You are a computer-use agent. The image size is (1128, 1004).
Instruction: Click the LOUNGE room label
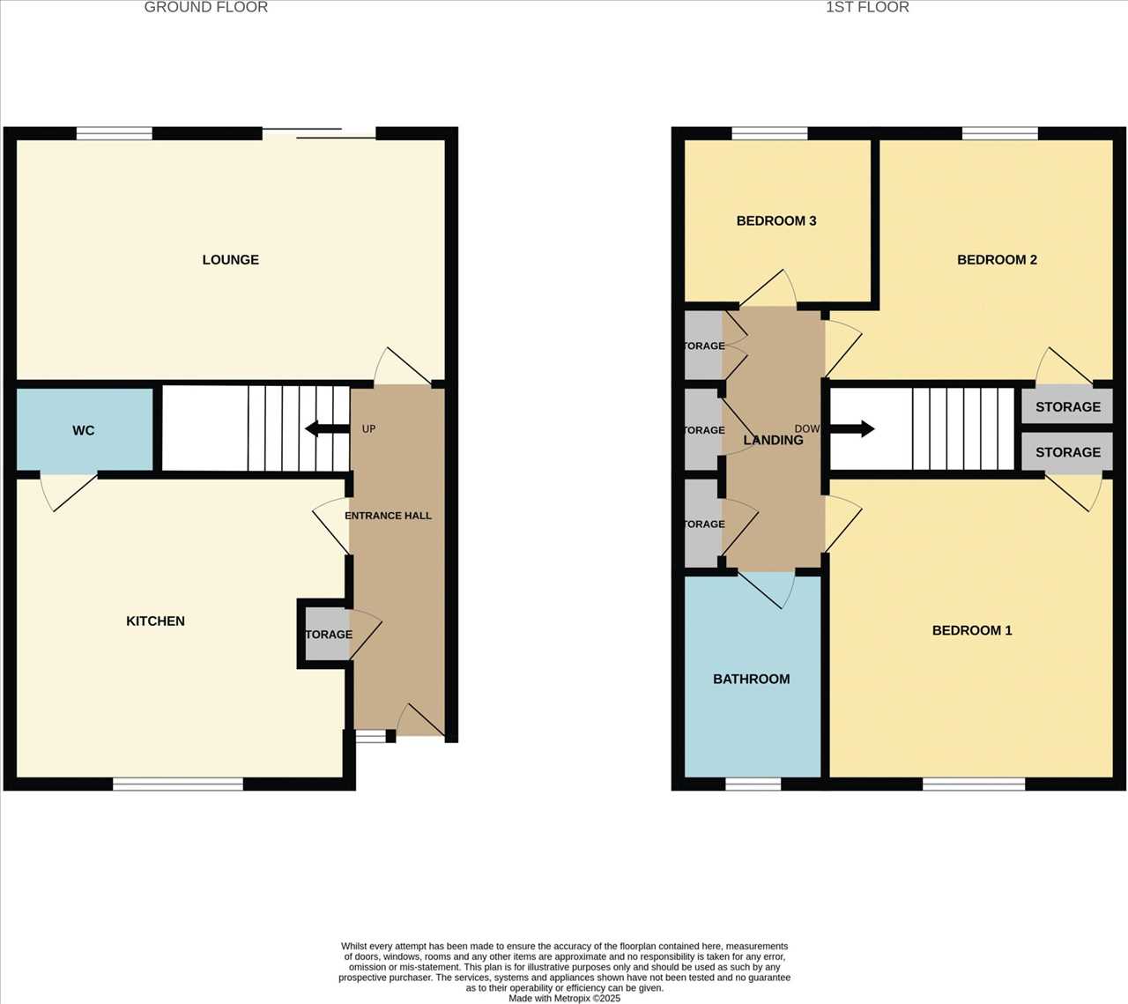230,260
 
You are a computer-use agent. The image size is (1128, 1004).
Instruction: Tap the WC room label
84,431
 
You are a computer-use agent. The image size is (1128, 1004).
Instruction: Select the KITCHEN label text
155,621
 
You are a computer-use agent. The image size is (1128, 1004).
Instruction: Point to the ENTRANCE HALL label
388,516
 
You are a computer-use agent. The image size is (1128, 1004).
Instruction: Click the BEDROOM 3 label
775,221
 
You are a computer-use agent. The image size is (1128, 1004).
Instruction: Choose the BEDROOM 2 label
997,260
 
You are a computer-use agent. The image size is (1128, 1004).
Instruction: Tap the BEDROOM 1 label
972,630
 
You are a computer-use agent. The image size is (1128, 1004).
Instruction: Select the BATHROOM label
751,680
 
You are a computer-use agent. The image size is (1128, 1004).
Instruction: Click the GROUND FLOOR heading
205,8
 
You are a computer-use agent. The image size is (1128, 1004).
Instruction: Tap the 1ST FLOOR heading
867,8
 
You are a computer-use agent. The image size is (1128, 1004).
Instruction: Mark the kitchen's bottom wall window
178,784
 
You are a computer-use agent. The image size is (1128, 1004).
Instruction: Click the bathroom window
753,784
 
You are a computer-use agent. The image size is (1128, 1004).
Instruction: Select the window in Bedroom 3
769,134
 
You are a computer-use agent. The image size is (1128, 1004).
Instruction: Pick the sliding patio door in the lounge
319,134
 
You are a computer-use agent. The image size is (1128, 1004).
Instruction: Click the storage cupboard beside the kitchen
327,635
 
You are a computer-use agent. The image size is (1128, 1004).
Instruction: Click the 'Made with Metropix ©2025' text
564,999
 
